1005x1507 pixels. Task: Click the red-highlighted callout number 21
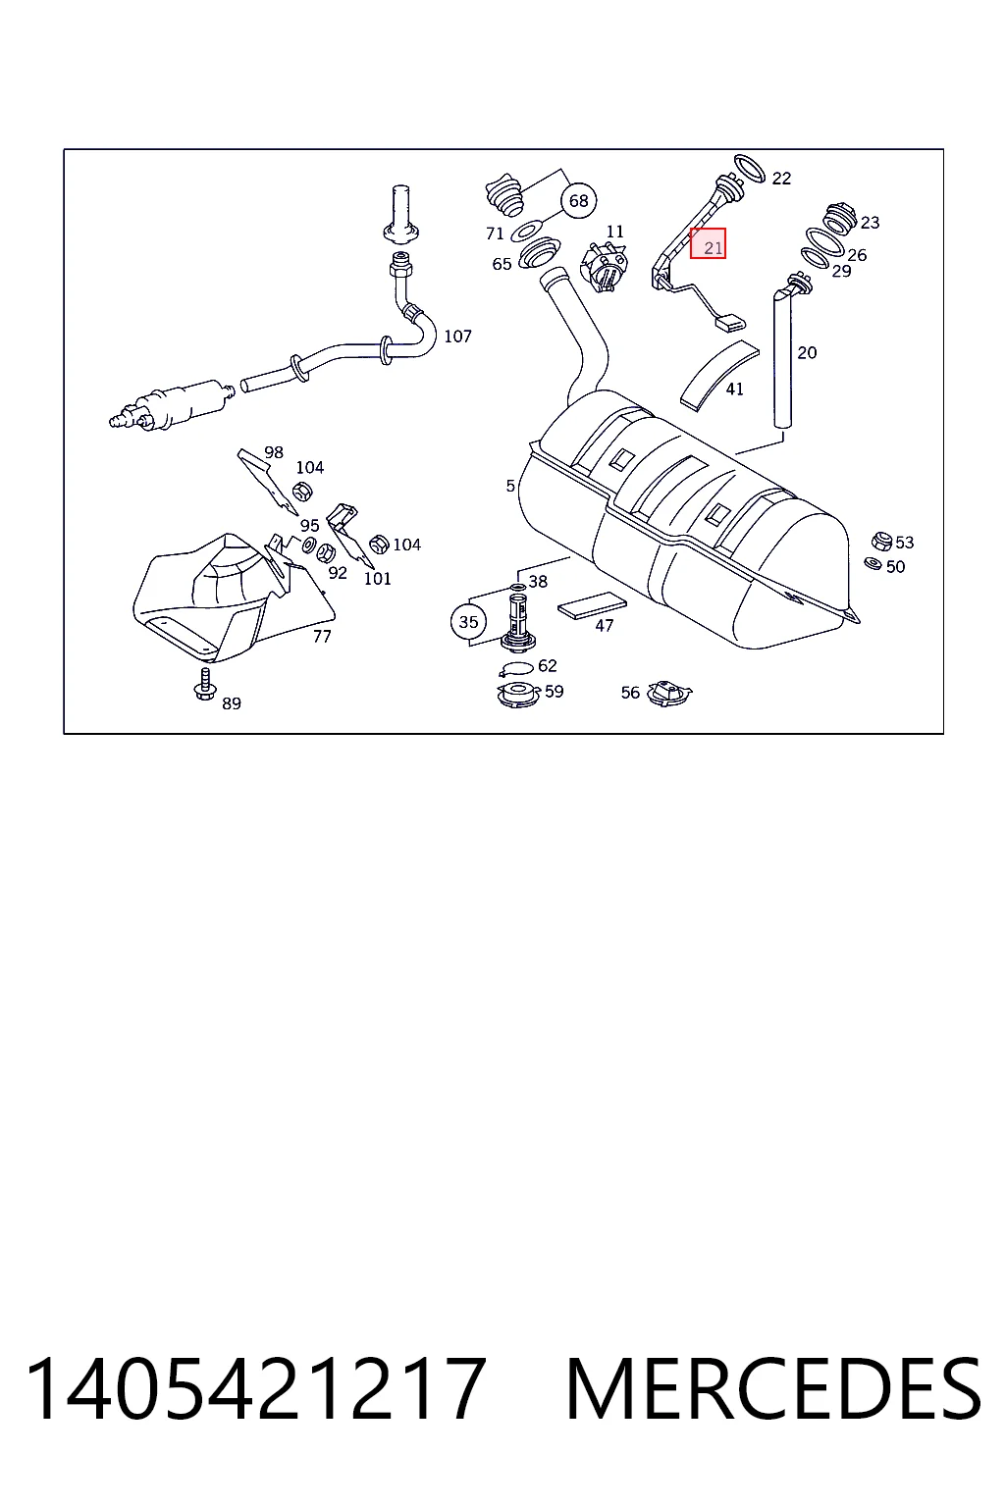709,243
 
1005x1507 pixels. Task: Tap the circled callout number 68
578,200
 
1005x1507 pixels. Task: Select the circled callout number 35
468,622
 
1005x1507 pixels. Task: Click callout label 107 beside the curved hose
457,336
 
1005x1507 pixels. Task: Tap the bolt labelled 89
204,685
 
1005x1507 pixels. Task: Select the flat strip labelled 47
592,604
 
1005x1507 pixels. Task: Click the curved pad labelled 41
717,374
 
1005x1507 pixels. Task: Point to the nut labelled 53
880,541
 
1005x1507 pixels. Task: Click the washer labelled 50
873,563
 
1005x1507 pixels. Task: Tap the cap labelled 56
668,692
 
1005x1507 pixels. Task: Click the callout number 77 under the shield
322,636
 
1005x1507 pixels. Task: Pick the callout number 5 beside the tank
510,485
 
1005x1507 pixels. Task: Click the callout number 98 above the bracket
273,452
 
